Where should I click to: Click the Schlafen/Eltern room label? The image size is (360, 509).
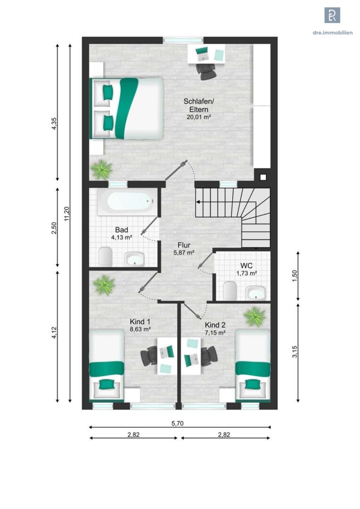pyautogui.click(x=199, y=105)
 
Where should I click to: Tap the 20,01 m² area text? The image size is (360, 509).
pyautogui.click(x=199, y=117)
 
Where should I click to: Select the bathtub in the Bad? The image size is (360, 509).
pyautogui.click(x=126, y=202)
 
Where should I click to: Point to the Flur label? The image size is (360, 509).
pyautogui.click(x=184, y=245)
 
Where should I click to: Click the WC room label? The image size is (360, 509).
pyautogui.click(x=246, y=266)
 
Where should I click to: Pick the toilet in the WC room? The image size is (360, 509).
pyautogui.click(x=230, y=290)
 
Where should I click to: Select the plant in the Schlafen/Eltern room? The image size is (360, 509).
pyautogui.click(x=101, y=169)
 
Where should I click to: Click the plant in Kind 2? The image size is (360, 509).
pyautogui.click(x=255, y=317)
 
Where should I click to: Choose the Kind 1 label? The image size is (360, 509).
pyautogui.click(x=140, y=322)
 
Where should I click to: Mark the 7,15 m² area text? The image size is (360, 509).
pyautogui.click(x=215, y=333)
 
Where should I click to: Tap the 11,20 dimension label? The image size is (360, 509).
pyautogui.click(x=67, y=214)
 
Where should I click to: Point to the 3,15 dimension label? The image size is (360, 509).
pyautogui.click(x=295, y=352)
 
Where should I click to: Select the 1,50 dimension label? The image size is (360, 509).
pyautogui.click(x=295, y=276)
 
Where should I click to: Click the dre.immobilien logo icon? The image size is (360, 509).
pyautogui.click(x=332, y=15)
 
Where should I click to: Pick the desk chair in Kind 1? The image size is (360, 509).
pyautogui.click(x=149, y=356)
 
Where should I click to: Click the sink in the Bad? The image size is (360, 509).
pyautogui.click(x=134, y=259)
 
